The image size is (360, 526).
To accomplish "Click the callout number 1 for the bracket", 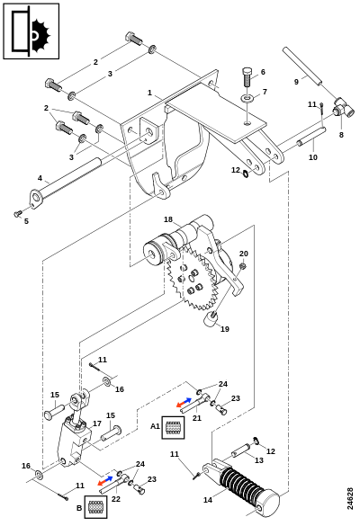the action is coord(149,93).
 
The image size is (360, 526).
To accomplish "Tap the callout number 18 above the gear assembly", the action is coord(168,219).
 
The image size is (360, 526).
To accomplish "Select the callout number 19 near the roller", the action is coord(225,329).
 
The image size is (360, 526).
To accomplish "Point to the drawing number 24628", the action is coord(350,499).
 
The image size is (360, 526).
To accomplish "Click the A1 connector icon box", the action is coord(174,427).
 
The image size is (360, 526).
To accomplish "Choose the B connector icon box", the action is coord(95,506).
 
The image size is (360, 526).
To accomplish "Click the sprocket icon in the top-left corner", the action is coord(31,31).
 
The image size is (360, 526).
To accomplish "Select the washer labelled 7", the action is coord(247,99).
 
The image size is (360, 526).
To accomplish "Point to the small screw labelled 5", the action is coord(17,213).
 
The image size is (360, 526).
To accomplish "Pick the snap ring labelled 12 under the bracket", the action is coord(246,174).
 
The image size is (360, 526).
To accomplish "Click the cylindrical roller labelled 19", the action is coord(211,320).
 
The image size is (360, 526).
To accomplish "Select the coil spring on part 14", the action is coord(241,483).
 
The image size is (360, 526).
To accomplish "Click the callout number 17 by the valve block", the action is coord(96,423).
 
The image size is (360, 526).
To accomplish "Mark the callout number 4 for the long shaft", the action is coord(40,178).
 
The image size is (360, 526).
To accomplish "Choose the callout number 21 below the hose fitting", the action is coord(197,418).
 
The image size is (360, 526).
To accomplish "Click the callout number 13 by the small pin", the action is coord(259,460).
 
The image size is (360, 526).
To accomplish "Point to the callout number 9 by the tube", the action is coord(296,82).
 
